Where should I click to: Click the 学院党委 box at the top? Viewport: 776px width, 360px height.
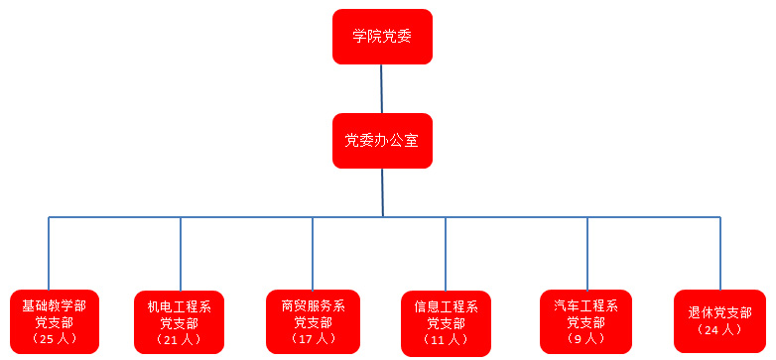(x=382, y=37)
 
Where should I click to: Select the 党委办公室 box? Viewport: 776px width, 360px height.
(x=382, y=140)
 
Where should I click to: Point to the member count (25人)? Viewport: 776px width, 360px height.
(x=55, y=339)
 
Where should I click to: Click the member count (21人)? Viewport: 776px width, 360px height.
(x=180, y=339)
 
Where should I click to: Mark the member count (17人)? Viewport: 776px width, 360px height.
(x=313, y=339)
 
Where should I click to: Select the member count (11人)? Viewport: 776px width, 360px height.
(x=446, y=339)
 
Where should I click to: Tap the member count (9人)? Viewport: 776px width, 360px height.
(x=586, y=338)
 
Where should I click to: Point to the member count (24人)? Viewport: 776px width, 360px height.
(x=719, y=329)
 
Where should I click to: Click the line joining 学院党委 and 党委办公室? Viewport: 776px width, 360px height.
(x=382, y=89)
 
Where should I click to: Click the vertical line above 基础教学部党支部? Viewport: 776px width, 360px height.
(x=49, y=253)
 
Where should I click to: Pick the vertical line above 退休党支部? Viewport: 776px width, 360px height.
(x=720, y=253)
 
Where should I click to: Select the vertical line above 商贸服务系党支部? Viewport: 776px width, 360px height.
(x=313, y=253)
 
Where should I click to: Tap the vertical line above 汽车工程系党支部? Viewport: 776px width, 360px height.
(x=586, y=253)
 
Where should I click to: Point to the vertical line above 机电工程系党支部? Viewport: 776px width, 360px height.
(x=181, y=253)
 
